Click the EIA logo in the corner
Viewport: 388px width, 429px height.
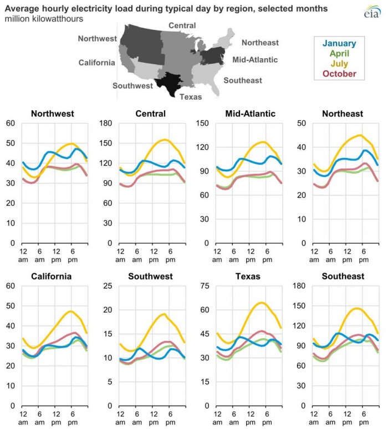coord(370,12)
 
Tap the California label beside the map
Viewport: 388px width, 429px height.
coord(96,63)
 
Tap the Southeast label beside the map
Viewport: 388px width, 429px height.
coord(243,81)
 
